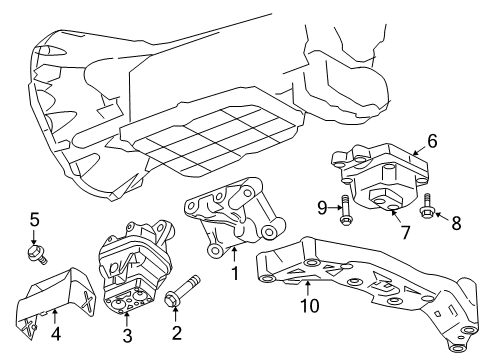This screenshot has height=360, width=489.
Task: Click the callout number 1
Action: click(x=236, y=271)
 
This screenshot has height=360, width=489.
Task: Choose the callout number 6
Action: click(x=431, y=142)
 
